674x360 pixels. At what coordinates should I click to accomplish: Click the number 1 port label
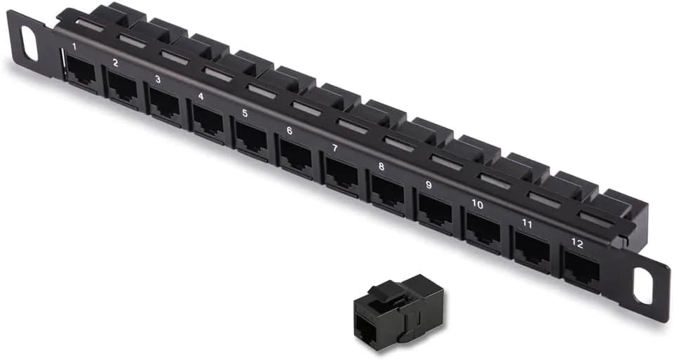pos(75,46)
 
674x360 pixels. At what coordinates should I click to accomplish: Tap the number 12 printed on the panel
pos(577,244)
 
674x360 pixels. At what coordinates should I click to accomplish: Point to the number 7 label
pos(335,148)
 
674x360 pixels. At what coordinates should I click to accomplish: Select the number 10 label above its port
pos(477,204)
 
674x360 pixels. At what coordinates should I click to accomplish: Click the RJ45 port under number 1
pos(81,71)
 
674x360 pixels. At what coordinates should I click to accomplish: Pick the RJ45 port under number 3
pos(165,104)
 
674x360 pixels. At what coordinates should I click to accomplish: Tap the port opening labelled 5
pos(251,138)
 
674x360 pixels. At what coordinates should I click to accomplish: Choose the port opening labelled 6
pos(296,156)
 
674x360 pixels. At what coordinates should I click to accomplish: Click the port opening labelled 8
pos(388,192)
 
